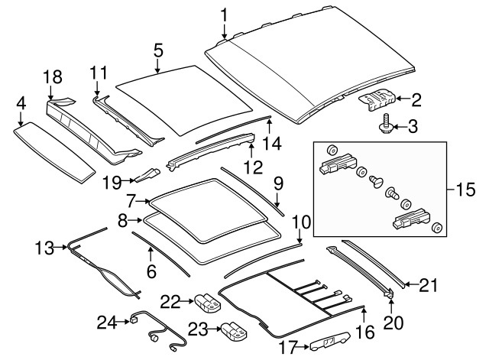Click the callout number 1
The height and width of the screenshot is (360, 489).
coord(225,14)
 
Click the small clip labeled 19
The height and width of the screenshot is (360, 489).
coord(146,177)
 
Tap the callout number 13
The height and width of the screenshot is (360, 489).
coord(44,248)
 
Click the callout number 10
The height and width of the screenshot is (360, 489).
coord(301,223)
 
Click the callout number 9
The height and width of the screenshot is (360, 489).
coord(278,183)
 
